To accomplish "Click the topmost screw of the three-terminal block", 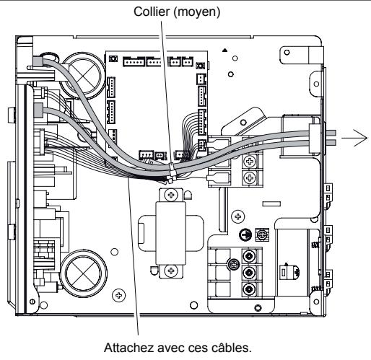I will (249, 256).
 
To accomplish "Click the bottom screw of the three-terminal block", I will (249, 289).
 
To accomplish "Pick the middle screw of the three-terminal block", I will (249, 273).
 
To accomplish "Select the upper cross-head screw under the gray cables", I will (249, 159).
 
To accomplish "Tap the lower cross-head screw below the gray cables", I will (249, 176).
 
